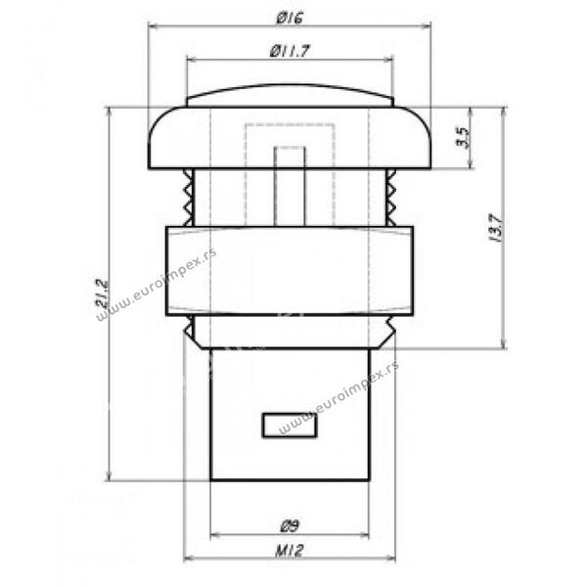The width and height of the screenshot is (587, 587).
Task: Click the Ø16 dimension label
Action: (x=290, y=18)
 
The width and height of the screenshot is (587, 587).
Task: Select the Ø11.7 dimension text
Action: (x=290, y=51)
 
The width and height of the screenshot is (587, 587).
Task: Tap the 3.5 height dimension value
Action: (x=463, y=137)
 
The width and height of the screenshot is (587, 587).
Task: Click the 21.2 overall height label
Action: (x=102, y=293)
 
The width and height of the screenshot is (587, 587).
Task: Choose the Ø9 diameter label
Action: (x=290, y=526)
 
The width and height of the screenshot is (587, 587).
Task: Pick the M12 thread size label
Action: (x=289, y=550)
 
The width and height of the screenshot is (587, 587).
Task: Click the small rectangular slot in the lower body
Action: (x=290, y=425)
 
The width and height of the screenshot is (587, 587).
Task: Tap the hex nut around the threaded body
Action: (x=290, y=271)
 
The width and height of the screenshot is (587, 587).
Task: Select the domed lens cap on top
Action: (x=291, y=96)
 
